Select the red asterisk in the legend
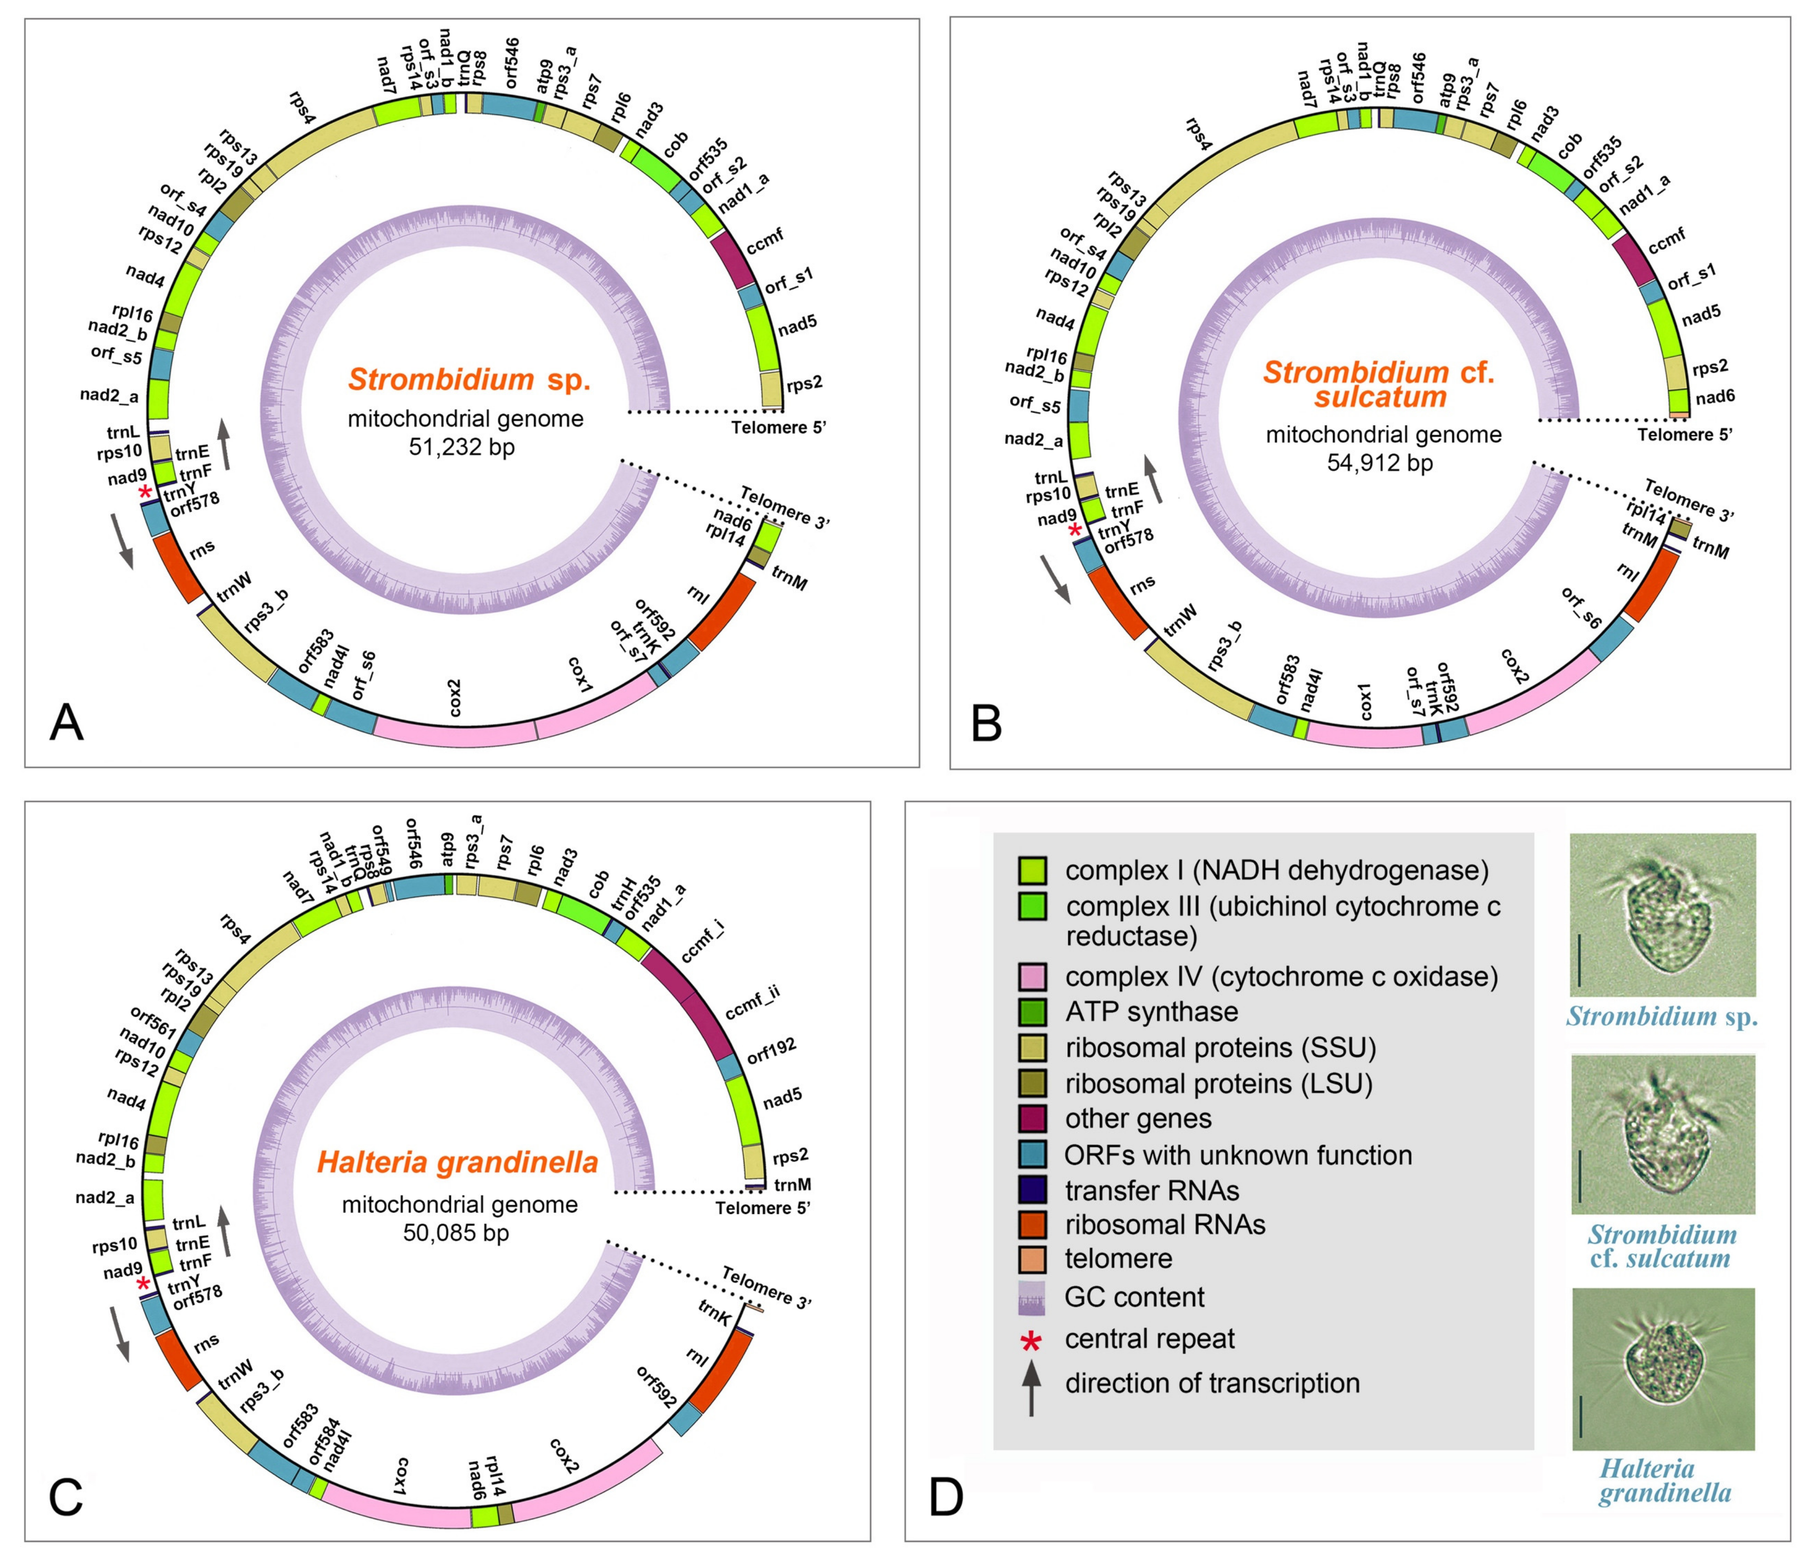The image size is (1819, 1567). [x=1030, y=1341]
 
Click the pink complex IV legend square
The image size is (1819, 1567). [x=1031, y=976]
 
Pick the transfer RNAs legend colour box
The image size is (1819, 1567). [x=1031, y=1190]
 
